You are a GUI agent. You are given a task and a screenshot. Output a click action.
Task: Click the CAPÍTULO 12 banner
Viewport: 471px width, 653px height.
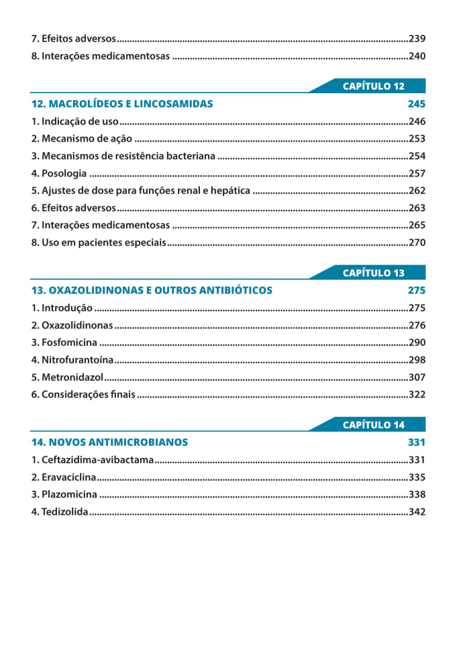[373, 86]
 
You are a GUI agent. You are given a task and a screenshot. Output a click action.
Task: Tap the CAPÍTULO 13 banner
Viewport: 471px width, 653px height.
[373, 273]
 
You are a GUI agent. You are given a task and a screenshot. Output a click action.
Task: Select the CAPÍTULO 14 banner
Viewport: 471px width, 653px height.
[373, 424]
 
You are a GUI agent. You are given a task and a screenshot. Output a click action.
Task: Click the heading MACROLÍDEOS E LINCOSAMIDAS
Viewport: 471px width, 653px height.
[122, 104]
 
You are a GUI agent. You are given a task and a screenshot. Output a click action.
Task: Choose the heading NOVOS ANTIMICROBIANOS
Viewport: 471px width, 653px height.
[109, 442]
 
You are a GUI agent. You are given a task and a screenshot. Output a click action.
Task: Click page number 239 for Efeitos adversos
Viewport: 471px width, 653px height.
[417, 39]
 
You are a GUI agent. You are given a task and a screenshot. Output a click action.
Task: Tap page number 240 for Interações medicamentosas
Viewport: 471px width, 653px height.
[417, 56]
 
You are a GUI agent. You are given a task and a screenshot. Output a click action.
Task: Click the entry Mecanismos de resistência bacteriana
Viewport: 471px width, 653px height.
[123, 156]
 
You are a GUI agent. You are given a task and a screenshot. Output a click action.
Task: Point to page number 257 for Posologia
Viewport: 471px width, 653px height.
[417, 174]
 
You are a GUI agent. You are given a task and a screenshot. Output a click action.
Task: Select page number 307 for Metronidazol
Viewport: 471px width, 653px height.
[417, 377]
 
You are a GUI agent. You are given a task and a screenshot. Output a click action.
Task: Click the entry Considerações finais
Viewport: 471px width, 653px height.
[83, 394]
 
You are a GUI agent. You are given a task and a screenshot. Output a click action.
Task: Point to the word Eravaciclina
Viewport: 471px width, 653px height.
[68, 477]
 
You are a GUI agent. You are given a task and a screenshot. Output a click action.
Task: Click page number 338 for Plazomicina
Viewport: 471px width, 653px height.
[417, 495]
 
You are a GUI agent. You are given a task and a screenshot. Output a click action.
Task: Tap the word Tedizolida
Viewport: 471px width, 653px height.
[64, 512]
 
